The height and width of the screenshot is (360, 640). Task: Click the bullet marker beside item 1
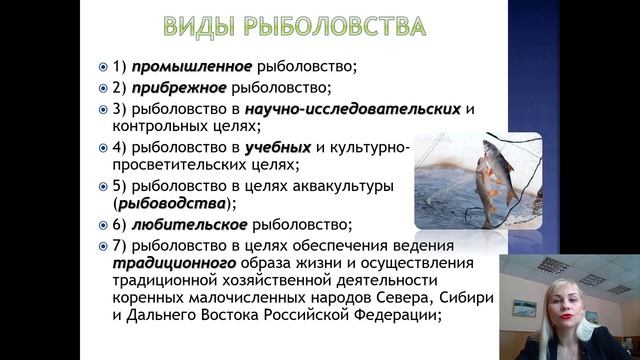click(103, 67)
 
